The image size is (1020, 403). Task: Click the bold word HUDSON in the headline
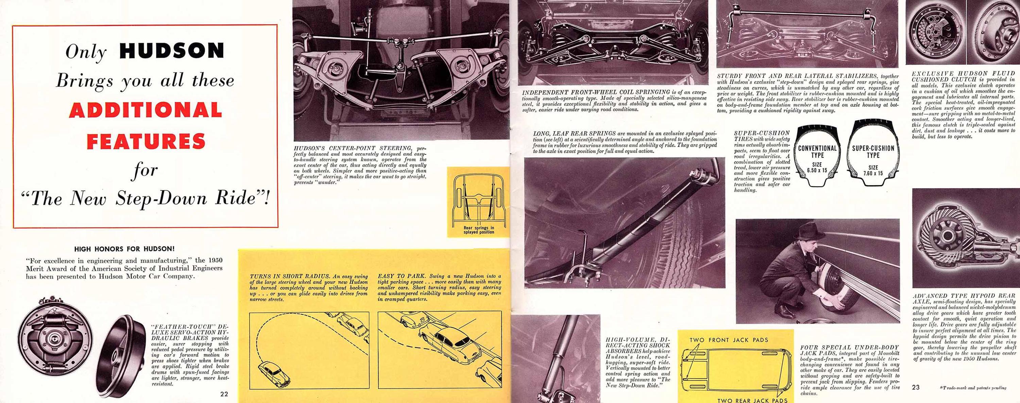click(171, 51)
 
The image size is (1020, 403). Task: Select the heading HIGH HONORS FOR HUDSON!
click(125, 249)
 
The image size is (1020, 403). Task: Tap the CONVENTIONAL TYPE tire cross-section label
click(817, 152)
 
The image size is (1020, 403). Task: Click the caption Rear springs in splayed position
click(479, 230)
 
